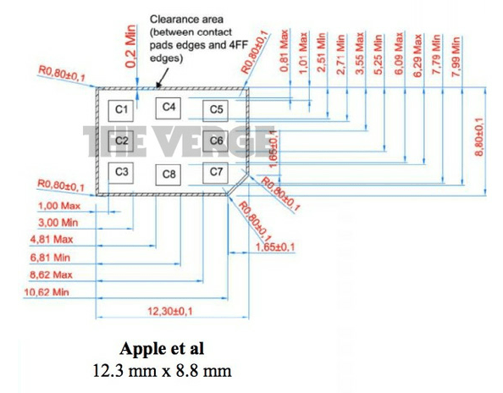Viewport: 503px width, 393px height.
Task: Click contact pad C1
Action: click(121, 109)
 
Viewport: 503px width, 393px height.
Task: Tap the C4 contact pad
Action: click(169, 107)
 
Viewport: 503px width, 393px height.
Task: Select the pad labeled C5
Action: click(216, 109)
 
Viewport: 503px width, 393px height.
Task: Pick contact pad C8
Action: click(169, 174)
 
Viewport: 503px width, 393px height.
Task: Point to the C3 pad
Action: click(122, 172)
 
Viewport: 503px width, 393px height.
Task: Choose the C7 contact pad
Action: click(216, 172)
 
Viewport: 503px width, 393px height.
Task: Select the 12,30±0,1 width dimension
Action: click(171, 312)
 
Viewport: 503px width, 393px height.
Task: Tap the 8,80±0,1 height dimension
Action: click(479, 140)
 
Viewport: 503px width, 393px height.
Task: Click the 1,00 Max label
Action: click(59, 204)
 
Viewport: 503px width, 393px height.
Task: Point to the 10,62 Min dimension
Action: click(49, 291)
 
